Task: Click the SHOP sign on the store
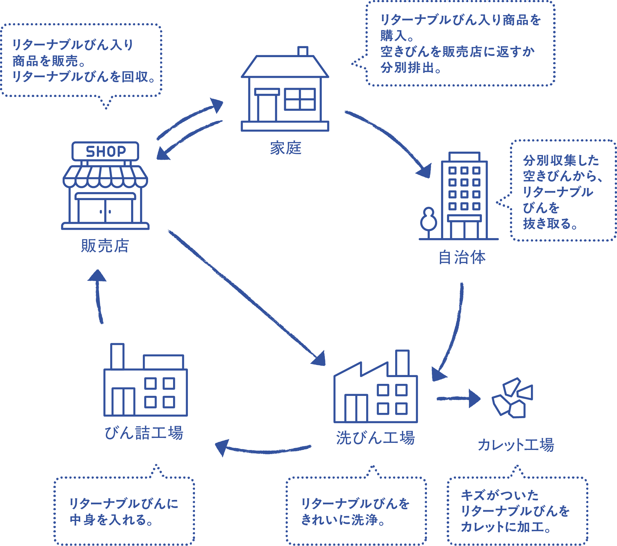[105, 151]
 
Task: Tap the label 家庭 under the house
[285, 148]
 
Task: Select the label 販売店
[105, 246]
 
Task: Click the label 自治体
[462, 257]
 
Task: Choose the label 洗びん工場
[375, 438]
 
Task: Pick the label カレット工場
[516, 445]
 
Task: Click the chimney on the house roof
[303, 51]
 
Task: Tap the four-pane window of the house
[300, 99]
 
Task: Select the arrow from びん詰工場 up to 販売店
[98, 296]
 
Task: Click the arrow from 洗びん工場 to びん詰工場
[262, 450]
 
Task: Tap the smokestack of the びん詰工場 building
[117, 356]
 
